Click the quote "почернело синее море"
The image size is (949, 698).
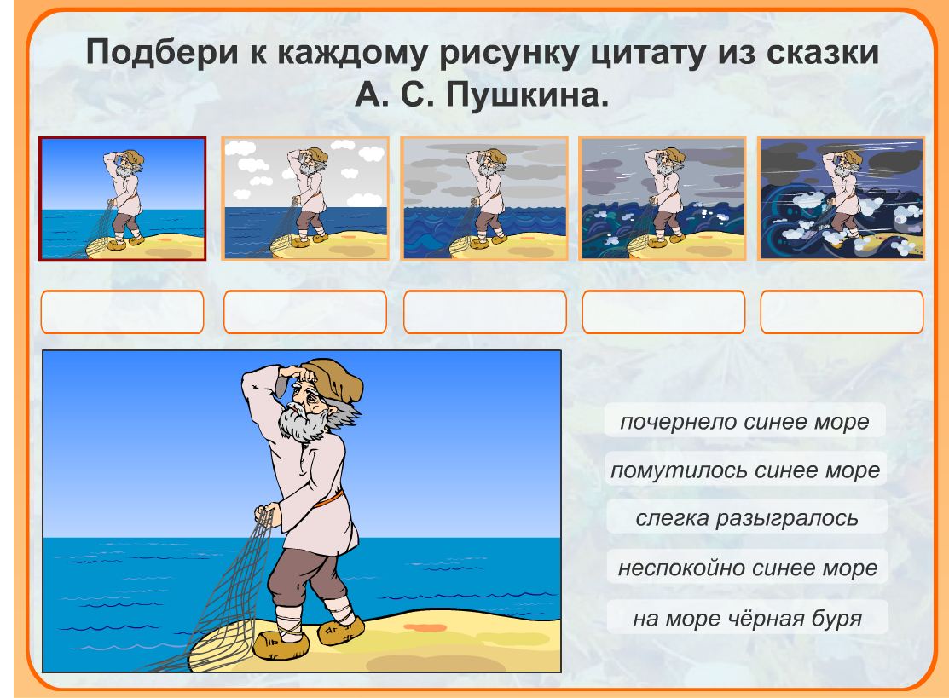coord(744,421)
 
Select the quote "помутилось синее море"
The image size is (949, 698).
coord(745,470)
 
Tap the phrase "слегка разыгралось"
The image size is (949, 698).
coord(747,518)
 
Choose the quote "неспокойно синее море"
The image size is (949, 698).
coord(748,568)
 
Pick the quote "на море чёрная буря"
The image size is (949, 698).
coord(748,618)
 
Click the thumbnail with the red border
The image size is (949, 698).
coord(122,199)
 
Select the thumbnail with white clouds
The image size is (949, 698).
coord(305,199)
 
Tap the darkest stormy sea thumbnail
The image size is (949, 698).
coord(842,199)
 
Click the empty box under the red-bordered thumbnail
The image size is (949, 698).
coord(122,312)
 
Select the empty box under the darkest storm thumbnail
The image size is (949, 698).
coord(842,312)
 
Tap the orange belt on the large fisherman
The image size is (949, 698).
coord(329,499)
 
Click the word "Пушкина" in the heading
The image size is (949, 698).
coord(527,95)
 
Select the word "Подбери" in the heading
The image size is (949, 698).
coord(162,53)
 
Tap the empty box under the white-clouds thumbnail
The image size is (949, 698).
coord(305,312)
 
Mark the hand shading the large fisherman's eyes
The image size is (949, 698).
coord(297,374)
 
